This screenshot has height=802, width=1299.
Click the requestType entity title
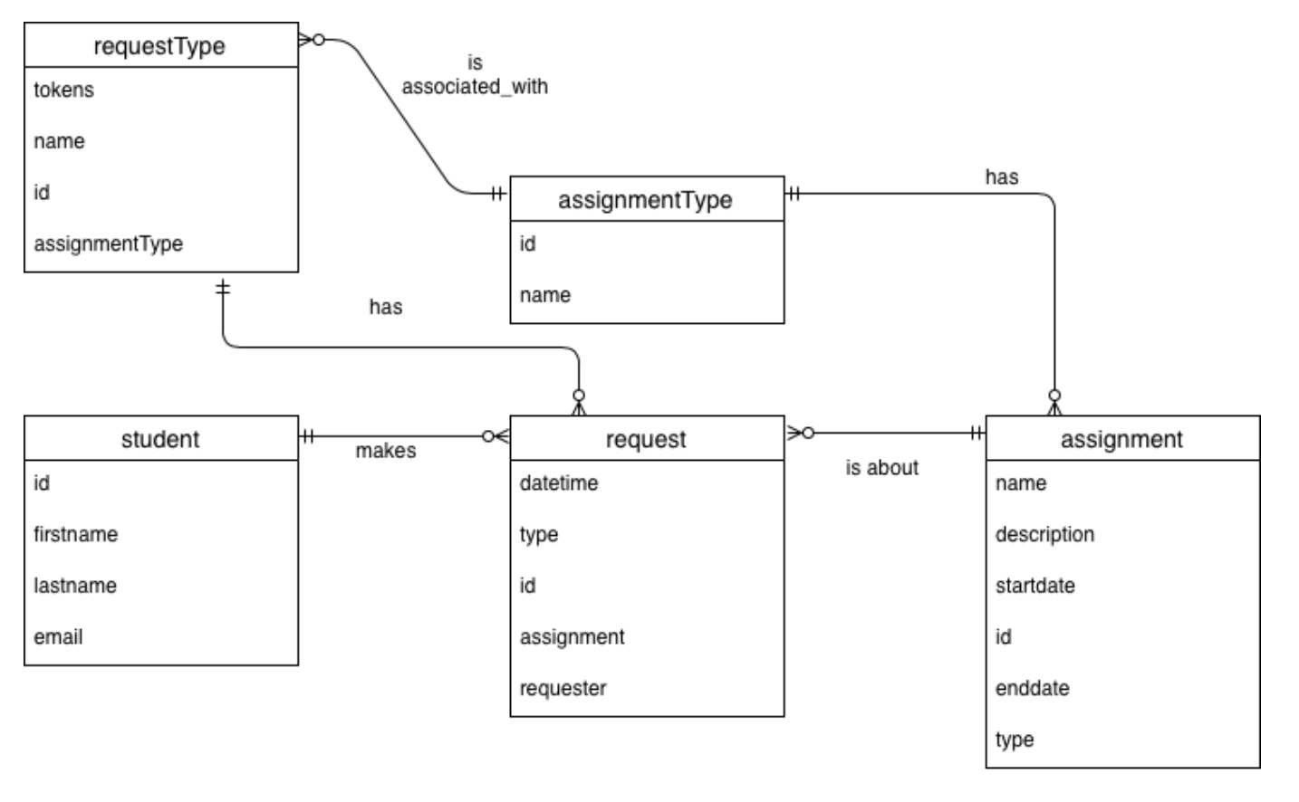pos(159,46)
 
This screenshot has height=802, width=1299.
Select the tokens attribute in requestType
pos(63,90)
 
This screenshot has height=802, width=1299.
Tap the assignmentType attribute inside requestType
pos(108,243)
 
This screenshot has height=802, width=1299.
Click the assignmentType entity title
pos(645,200)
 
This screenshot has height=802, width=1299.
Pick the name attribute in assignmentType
pos(544,295)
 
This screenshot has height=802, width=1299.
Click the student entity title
pos(160,439)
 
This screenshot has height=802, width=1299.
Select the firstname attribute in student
pos(75,534)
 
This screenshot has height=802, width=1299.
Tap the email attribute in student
pos(58,637)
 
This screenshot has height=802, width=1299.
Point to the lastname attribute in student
pos(74,586)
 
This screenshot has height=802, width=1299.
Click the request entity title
pos(645,439)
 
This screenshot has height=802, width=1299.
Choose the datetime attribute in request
pos(558,483)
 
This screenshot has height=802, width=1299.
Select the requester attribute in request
pos(563,689)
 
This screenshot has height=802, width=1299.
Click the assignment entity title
pos(1121,439)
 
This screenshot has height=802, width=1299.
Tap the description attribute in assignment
pos(1044,534)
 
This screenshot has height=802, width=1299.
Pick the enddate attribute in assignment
pos(1032,689)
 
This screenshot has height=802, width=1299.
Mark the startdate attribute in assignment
pos(1034,586)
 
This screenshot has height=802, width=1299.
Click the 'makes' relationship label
pos(385,451)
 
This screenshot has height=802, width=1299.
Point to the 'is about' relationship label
pos(881,468)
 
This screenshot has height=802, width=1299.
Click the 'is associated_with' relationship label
pos(475,75)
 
